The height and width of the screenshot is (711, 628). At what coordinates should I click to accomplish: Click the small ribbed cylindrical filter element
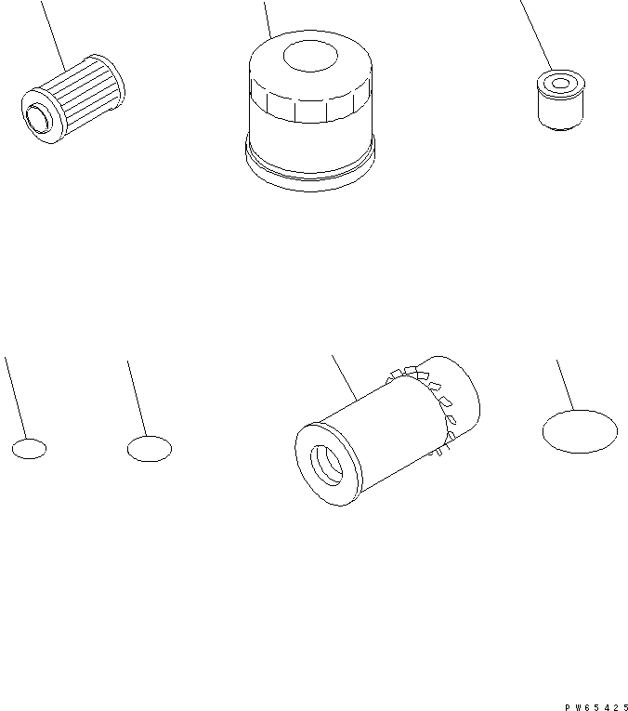[73, 99]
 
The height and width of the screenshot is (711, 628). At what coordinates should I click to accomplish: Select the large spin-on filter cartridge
[310, 111]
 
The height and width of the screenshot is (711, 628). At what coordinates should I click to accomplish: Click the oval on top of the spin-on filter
[310, 56]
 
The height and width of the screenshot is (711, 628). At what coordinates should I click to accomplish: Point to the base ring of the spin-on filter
[310, 165]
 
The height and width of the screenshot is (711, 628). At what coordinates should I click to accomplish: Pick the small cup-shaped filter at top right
[561, 99]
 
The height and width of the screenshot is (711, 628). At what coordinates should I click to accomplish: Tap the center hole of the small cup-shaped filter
[561, 84]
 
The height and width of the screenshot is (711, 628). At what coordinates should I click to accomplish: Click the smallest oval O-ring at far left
[29, 449]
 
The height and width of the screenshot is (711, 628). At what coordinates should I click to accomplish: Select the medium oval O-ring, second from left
[150, 449]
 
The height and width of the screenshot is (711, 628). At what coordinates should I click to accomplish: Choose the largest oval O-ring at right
[580, 431]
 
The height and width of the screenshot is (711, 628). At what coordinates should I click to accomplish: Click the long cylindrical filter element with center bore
[387, 430]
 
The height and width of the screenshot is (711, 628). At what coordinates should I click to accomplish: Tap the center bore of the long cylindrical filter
[327, 466]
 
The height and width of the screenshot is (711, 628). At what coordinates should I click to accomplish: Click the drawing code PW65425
[595, 707]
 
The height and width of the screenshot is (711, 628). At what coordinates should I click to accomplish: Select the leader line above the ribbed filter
[54, 36]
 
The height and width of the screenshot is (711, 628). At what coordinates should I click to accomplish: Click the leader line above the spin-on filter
[268, 20]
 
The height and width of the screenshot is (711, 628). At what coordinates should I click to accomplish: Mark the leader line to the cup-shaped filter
[536, 35]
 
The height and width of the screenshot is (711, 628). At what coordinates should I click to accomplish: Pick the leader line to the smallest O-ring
[16, 398]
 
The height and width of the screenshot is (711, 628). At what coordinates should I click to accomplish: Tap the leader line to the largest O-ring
[566, 385]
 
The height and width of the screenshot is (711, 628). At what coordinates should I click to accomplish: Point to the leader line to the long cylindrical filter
[345, 377]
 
